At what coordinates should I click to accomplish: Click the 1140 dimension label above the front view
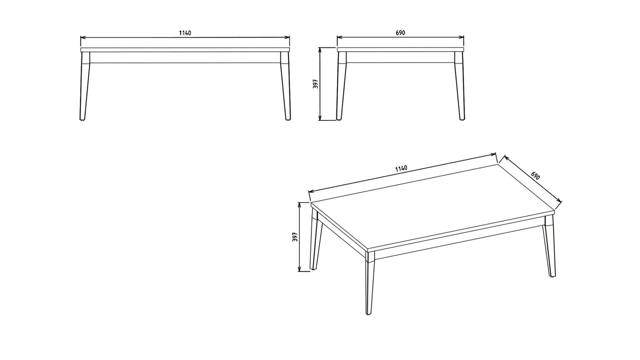point(185,33)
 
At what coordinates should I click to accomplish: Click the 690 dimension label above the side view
point(400,33)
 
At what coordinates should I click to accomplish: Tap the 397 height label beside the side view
point(315,83)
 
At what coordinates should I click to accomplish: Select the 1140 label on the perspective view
point(401,168)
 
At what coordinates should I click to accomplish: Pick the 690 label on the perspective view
point(535,175)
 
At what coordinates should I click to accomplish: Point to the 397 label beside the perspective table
point(295,237)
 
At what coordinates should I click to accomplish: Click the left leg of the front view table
point(85,85)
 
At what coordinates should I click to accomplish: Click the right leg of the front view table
point(285,85)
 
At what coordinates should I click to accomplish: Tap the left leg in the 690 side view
point(341,85)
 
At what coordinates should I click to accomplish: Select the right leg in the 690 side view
point(459,85)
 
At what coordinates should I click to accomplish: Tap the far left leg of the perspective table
point(315,239)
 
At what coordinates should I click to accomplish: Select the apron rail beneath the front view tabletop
point(185,57)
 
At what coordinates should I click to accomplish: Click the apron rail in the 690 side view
point(400,57)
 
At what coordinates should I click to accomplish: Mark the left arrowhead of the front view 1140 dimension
point(83,37)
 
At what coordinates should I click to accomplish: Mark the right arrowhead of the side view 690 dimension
point(461,37)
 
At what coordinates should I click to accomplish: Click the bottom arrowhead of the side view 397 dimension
point(320,117)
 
